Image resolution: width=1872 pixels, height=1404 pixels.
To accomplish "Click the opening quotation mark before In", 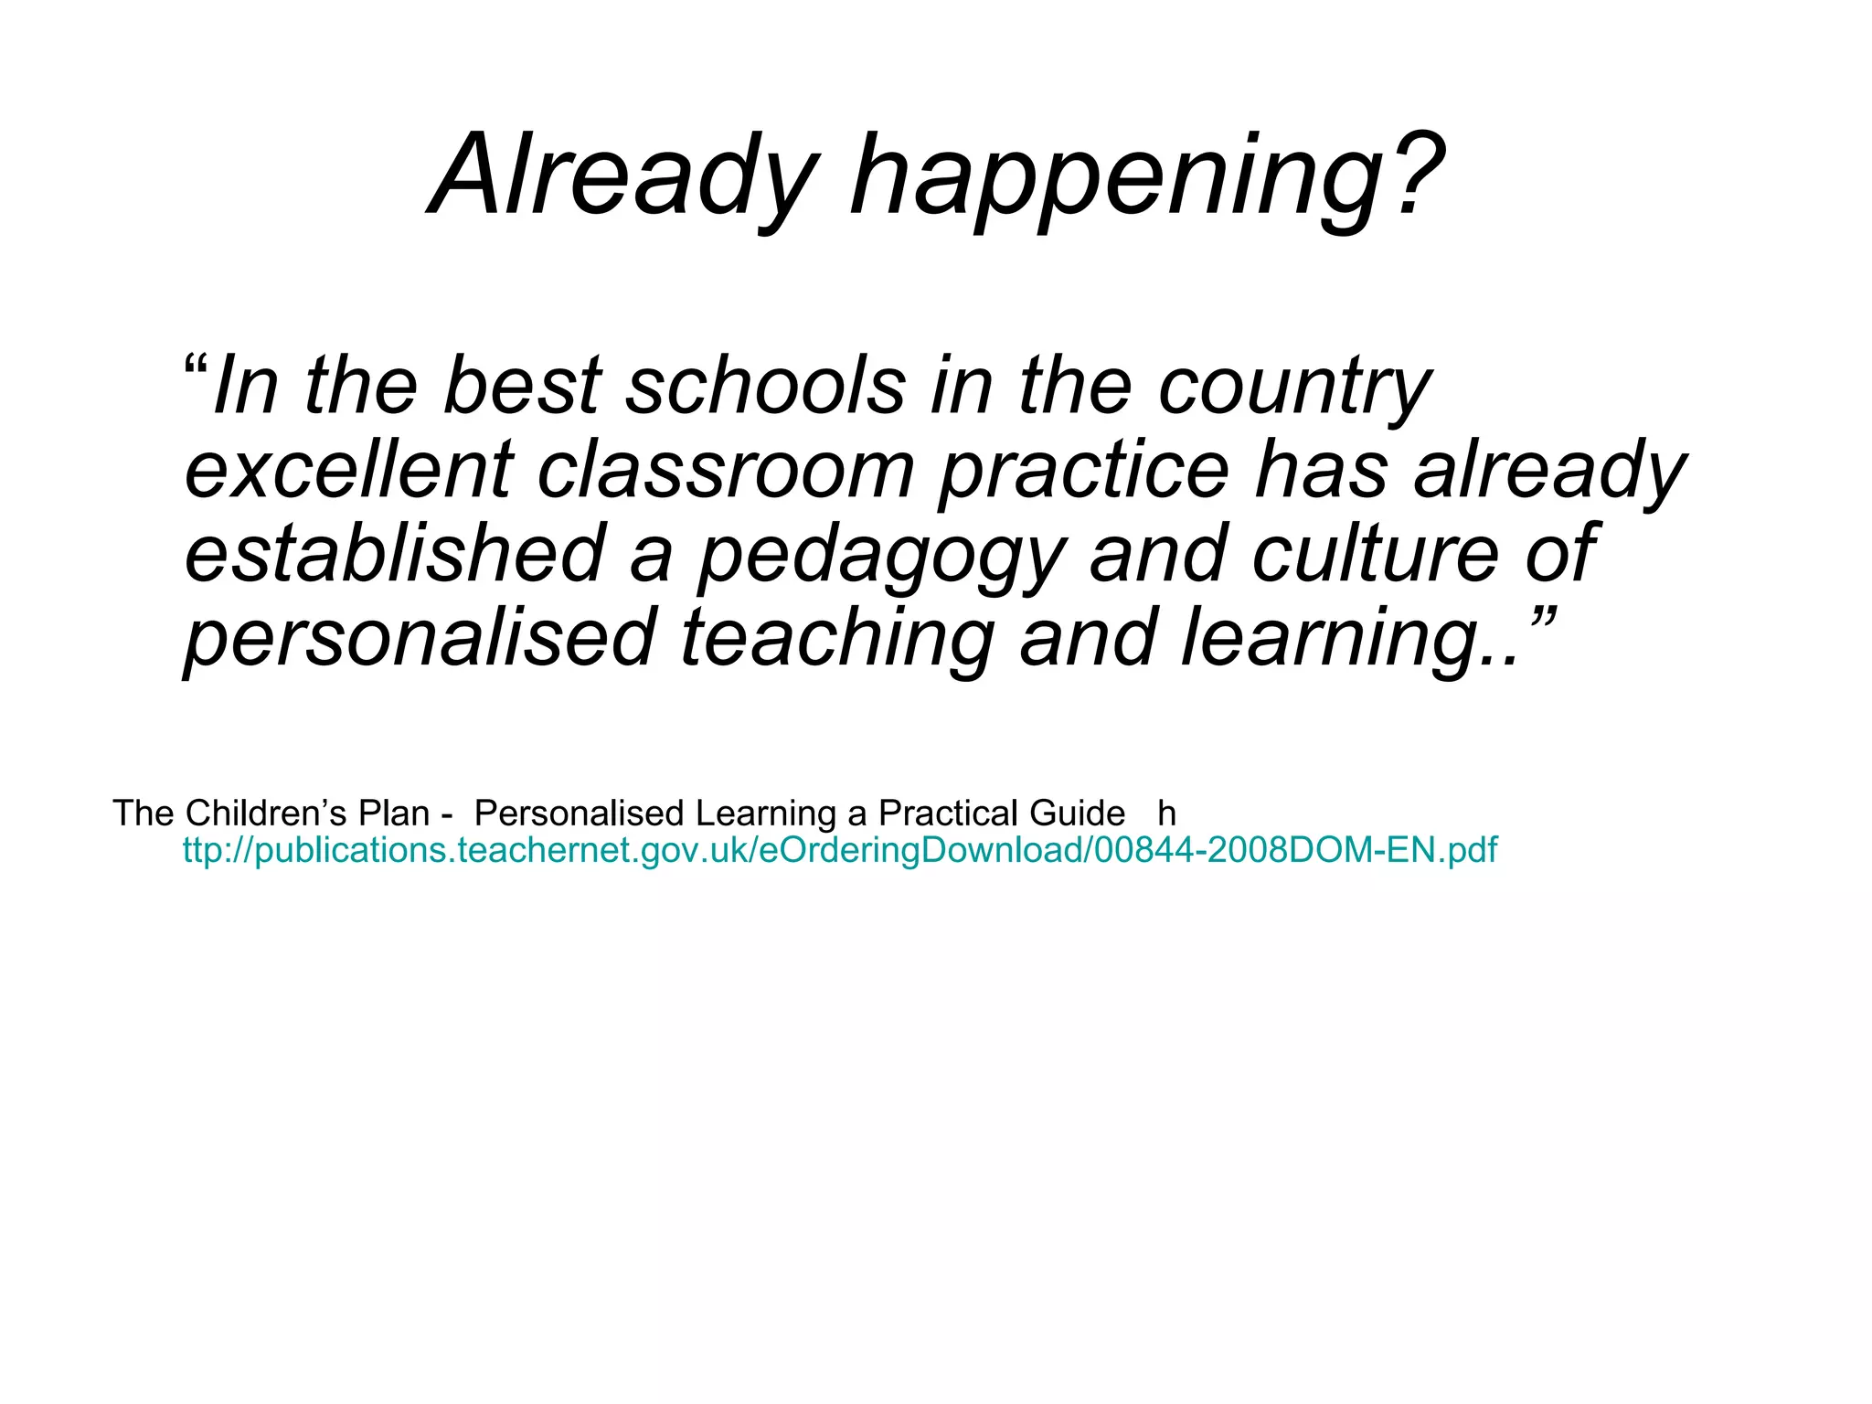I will tap(196, 369).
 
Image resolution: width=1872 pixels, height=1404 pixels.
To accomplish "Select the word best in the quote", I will tap(522, 386).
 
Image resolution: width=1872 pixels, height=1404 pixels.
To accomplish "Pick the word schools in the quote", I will tap(766, 386).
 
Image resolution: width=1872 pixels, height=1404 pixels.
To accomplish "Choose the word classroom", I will tap(726, 470).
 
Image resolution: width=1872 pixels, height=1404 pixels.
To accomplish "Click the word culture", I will tap(1375, 554).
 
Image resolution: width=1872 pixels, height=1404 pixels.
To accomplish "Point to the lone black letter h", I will tap(1166, 813).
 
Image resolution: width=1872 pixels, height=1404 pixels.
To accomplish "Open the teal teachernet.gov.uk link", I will tap(839, 850).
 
